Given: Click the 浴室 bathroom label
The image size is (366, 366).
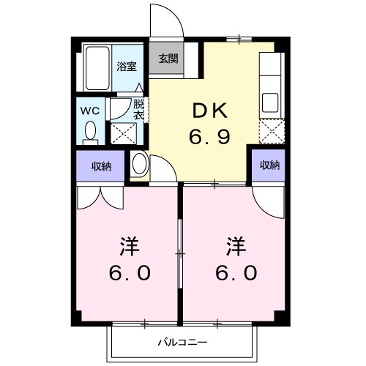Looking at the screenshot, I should [127, 66].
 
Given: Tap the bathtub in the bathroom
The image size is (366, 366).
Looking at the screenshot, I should [96, 68].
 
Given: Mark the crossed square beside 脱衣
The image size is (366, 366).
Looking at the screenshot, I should [121, 132].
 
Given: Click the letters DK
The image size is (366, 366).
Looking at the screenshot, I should [209, 111].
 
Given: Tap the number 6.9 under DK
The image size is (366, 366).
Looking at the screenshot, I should [209, 136].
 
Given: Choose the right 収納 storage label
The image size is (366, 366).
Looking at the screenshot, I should [269, 165].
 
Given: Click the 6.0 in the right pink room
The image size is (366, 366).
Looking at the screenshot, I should [234, 273].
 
